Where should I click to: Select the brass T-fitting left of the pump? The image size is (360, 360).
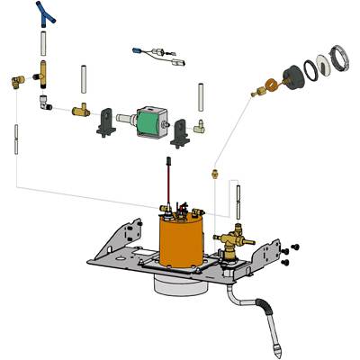[x=79, y=111]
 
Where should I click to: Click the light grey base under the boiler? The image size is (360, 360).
[x=180, y=286]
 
